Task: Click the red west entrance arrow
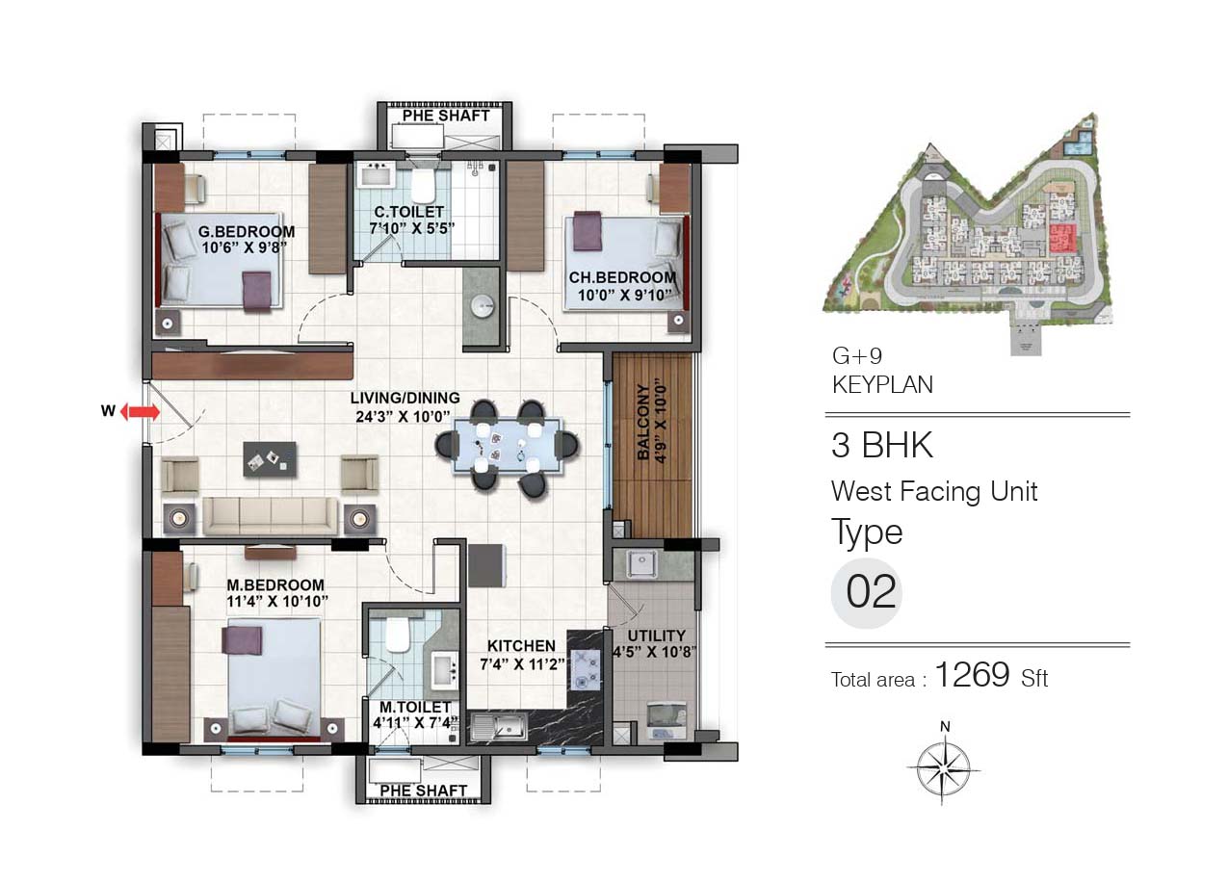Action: (140, 412)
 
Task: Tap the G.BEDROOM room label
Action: (247, 231)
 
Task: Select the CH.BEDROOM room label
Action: (622, 277)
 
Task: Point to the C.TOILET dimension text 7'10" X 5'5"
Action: (411, 228)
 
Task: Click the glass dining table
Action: (508, 446)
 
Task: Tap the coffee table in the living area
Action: (270, 459)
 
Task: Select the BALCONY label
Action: (643, 421)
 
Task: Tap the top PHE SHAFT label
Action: (446, 116)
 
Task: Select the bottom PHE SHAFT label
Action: (423, 791)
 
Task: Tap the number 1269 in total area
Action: (972, 674)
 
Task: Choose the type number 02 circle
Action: (866, 594)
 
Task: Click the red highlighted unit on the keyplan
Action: (1062, 239)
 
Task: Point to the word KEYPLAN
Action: (882, 384)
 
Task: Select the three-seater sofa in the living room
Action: (271, 516)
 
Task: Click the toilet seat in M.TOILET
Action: (398, 635)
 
